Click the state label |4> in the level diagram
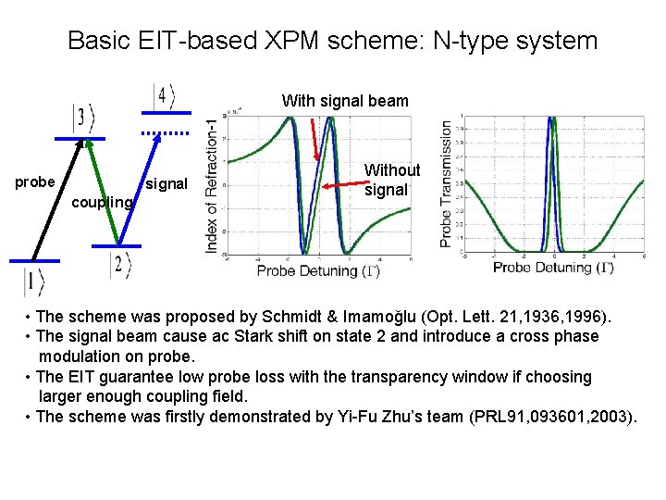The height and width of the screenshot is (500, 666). pyautogui.click(x=164, y=95)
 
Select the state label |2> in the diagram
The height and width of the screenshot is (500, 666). pyautogui.click(x=120, y=265)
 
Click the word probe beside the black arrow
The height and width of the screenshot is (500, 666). pyautogui.click(x=35, y=181)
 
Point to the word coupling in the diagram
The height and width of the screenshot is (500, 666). pyautogui.click(x=102, y=201)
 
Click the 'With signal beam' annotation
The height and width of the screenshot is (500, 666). pyautogui.click(x=345, y=100)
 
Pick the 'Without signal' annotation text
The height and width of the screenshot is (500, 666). pyautogui.click(x=391, y=181)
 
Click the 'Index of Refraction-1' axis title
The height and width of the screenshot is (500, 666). pyautogui.click(x=213, y=185)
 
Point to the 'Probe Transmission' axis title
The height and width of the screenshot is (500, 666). pyautogui.click(x=447, y=183)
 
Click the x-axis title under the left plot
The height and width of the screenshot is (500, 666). pyautogui.click(x=318, y=270)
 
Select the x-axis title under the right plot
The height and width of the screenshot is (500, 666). pyautogui.click(x=553, y=268)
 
